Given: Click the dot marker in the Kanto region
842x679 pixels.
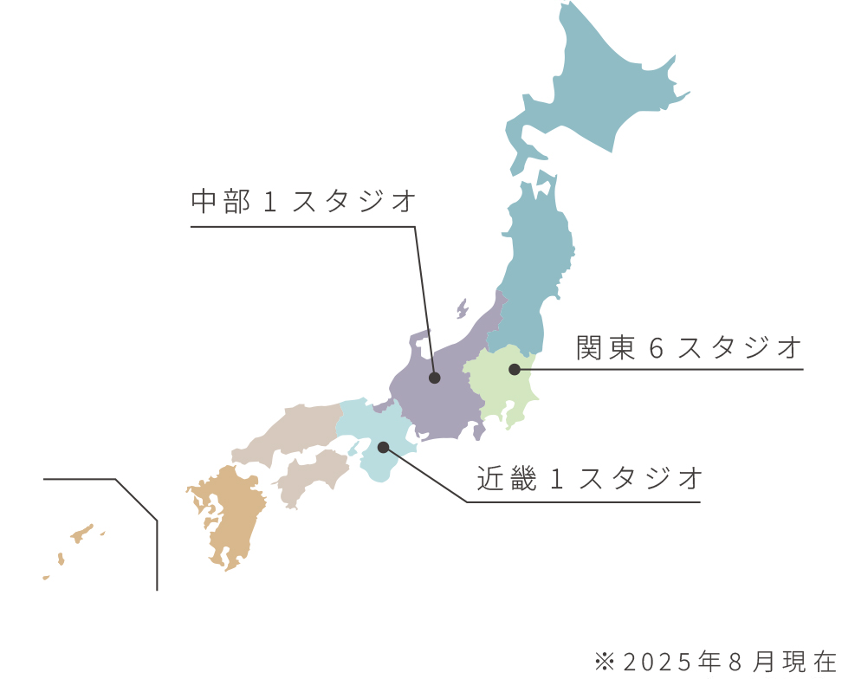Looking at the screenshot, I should pyautogui.click(x=514, y=370).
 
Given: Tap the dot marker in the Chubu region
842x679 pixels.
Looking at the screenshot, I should pyautogui.click(x=435, y=378).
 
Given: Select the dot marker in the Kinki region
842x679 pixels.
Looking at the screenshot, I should pyautogui.click(x=383, y=447).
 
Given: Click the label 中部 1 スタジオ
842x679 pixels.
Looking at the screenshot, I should pyautogui.click(x=304, y=202).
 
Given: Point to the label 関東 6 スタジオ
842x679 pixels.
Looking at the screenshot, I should pyautogui.click(x=690, y=348).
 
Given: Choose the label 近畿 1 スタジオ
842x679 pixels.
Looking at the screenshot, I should pyautogui.click(x=589, y=478).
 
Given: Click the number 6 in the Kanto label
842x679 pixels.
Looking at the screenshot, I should pyautogui.click(x=656, y=349).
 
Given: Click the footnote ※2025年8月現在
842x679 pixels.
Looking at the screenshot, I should pyautogui.click(x=716, y=662).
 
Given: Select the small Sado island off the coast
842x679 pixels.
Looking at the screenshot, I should pyautogui.click(x=462, y=308).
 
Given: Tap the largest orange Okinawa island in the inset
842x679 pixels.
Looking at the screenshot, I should pyautogui.click(x=81, y=533).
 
